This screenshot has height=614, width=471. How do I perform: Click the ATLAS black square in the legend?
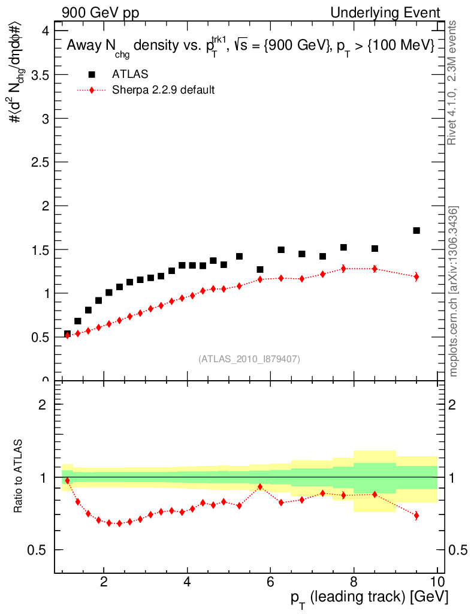point(92,74)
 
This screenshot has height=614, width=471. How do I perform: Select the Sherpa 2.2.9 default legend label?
point(163,91)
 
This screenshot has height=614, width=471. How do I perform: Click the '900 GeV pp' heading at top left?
point(100,13)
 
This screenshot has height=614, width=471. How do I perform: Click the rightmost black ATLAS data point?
point(416,230)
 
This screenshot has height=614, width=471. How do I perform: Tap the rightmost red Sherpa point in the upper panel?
point(416,276)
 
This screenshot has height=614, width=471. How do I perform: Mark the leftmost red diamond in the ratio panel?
point(67,480)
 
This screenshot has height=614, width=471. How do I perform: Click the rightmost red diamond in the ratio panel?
point(416,515)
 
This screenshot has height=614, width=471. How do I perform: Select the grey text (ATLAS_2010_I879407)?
point(249,359)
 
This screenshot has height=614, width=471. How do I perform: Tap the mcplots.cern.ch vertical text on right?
point(454,291)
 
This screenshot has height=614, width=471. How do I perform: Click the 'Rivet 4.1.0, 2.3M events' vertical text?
point(453,82)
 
